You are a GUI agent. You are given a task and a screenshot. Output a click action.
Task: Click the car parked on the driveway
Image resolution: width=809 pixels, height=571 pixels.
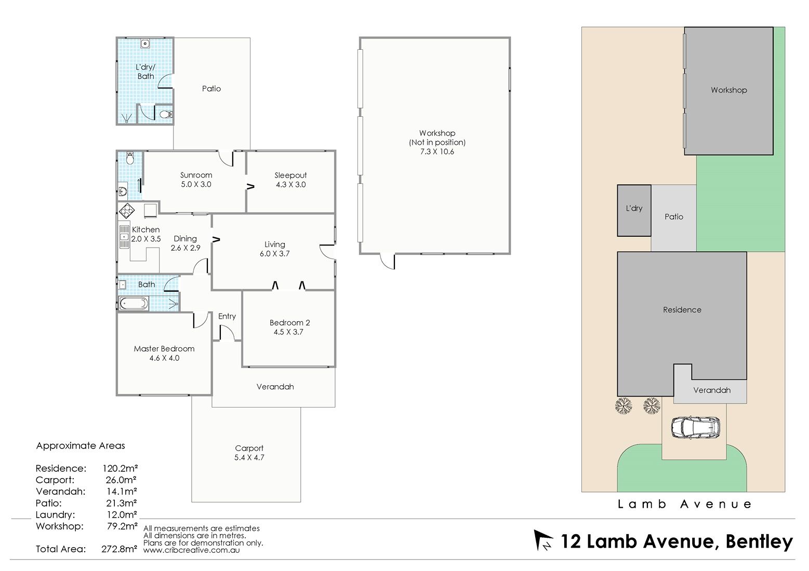pos(695,428)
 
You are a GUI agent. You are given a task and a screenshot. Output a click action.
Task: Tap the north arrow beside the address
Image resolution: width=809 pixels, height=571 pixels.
pos(543,540)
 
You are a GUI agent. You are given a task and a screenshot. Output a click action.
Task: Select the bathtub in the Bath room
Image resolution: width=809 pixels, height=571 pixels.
pos(134,303)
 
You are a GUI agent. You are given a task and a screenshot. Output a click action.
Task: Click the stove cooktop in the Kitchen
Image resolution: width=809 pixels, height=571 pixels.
pos(127,211)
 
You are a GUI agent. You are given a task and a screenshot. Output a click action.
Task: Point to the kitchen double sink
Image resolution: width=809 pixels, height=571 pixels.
pos(124,237)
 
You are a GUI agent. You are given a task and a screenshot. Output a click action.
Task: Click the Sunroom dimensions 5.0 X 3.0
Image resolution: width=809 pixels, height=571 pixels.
pos(196,184)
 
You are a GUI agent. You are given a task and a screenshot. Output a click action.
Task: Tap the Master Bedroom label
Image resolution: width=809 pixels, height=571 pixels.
pos(164,349)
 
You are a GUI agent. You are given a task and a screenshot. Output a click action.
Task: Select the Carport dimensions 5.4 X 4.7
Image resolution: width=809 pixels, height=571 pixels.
pos(249,458)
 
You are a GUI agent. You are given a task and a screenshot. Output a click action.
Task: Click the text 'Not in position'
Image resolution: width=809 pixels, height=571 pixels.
pos(437,142)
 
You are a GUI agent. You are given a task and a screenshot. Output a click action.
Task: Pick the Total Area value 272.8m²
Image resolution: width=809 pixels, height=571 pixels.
pos(119,549)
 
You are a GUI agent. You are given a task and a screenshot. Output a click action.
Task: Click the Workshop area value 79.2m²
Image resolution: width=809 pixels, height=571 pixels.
pos(122,526)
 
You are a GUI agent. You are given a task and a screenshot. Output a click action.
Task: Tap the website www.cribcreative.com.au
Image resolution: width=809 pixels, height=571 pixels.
pos(191,550)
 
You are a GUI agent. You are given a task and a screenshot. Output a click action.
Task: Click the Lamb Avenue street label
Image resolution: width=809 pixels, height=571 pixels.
pos(685,504)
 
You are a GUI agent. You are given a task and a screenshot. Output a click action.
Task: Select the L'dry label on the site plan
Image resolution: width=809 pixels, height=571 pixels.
pos(634,208)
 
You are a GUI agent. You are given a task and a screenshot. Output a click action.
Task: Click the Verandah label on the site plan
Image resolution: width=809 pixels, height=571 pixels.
pos(712,390)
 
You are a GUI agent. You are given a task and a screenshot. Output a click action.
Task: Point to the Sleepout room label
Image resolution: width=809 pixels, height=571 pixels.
pos(291,175)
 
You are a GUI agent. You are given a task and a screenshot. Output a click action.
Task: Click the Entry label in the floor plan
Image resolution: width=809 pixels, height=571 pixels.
pos(227,316)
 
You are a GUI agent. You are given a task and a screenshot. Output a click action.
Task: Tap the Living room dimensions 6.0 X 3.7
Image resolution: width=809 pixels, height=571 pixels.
pos(274,254)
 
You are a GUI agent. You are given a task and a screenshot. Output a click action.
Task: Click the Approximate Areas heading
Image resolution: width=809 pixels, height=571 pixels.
pos(81,446)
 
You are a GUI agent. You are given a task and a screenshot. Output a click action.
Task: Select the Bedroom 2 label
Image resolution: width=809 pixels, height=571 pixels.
pos(289,323)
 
